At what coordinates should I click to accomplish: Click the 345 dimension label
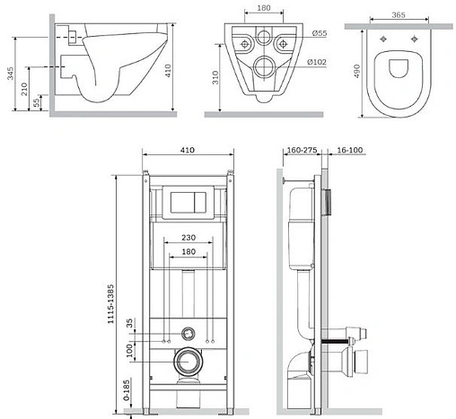(x=11, y=74)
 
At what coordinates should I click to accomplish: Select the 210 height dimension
(x=24, y=89)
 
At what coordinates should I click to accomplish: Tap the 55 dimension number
(x=36, y=102)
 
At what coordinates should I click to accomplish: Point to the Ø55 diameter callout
(x=320, y=33)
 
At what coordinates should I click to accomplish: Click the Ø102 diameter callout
(x=317, y=62)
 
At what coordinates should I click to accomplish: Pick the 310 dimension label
(x=215, y=77)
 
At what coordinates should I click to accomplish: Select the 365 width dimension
(x=399, y=14)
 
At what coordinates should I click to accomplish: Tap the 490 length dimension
(x=356, y=71)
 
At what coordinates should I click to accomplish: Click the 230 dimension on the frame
(x=189, y=238)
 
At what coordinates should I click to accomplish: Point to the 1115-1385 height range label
(x=110, y=303)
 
